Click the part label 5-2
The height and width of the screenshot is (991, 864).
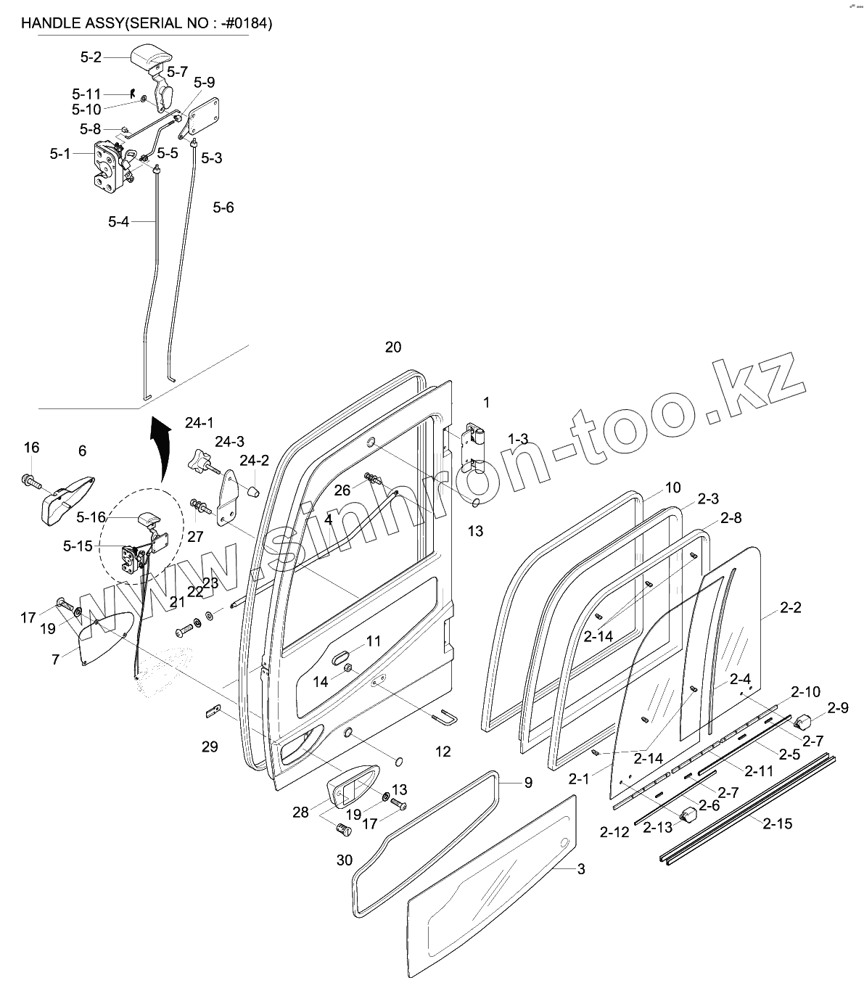click(91, 57)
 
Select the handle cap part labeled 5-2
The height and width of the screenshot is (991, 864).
click(149, 57)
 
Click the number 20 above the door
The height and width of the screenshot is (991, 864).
click(392, 347)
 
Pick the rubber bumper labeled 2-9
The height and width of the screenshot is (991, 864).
click(802, 721)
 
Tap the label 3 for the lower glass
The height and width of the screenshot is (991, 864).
click(581, 868)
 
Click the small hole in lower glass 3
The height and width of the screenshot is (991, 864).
click(564, 844)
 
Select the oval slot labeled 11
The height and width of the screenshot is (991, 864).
click(340, 657)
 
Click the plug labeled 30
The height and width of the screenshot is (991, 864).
click(344, 829)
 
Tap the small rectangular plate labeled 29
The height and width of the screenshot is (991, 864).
click(212, 712)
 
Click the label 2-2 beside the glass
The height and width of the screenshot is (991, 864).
click(791, 608)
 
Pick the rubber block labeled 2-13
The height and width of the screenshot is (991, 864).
click(686, 817)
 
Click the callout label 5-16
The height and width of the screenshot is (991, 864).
click(91, 517)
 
